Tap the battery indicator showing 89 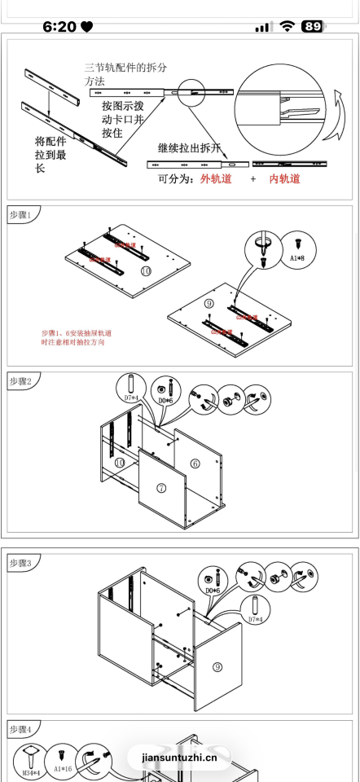pos(312,27)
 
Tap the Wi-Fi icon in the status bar pos(287,27)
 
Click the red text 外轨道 pos(216,178)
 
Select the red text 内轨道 pos(284,178)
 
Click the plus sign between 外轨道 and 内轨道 pos(252,178)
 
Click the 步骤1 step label pos(20,215)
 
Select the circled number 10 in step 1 pos(146,270)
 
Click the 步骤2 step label pos(20,380)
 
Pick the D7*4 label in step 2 pos(130,398)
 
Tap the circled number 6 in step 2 pos(195,463)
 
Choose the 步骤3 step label pos(20,563)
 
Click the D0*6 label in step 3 pos(213,590)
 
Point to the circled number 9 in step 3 pos(218,666)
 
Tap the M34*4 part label pos(31,771)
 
